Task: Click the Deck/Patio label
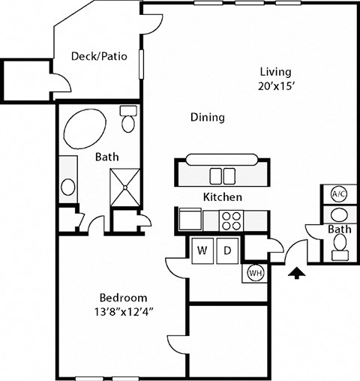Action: [99, 56]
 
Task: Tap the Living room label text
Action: [275, 72]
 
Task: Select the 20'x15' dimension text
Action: [275, 85]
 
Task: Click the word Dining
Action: [208, 118]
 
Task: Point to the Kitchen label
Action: [223, 197]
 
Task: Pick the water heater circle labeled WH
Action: [254, 272]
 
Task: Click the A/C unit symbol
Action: [338, 194]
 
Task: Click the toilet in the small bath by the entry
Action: [340, 243]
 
